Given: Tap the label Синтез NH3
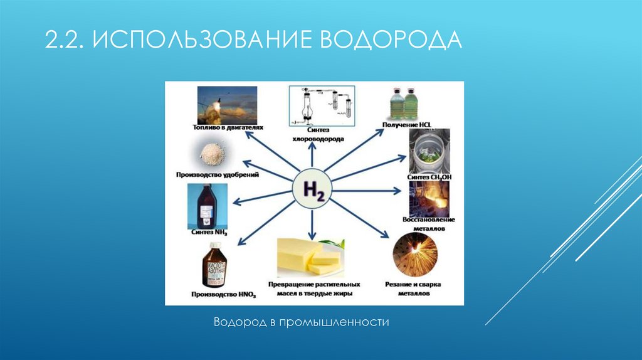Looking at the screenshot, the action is (x=209, y=233).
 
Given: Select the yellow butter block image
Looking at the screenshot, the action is (x=308, y=256).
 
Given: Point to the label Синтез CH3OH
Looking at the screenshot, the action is (x=429, y=177).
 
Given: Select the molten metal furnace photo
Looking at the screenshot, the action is (x=428, y=199).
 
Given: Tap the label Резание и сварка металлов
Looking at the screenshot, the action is (x=413, y=289).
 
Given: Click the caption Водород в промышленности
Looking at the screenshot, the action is (x=302, y=322).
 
